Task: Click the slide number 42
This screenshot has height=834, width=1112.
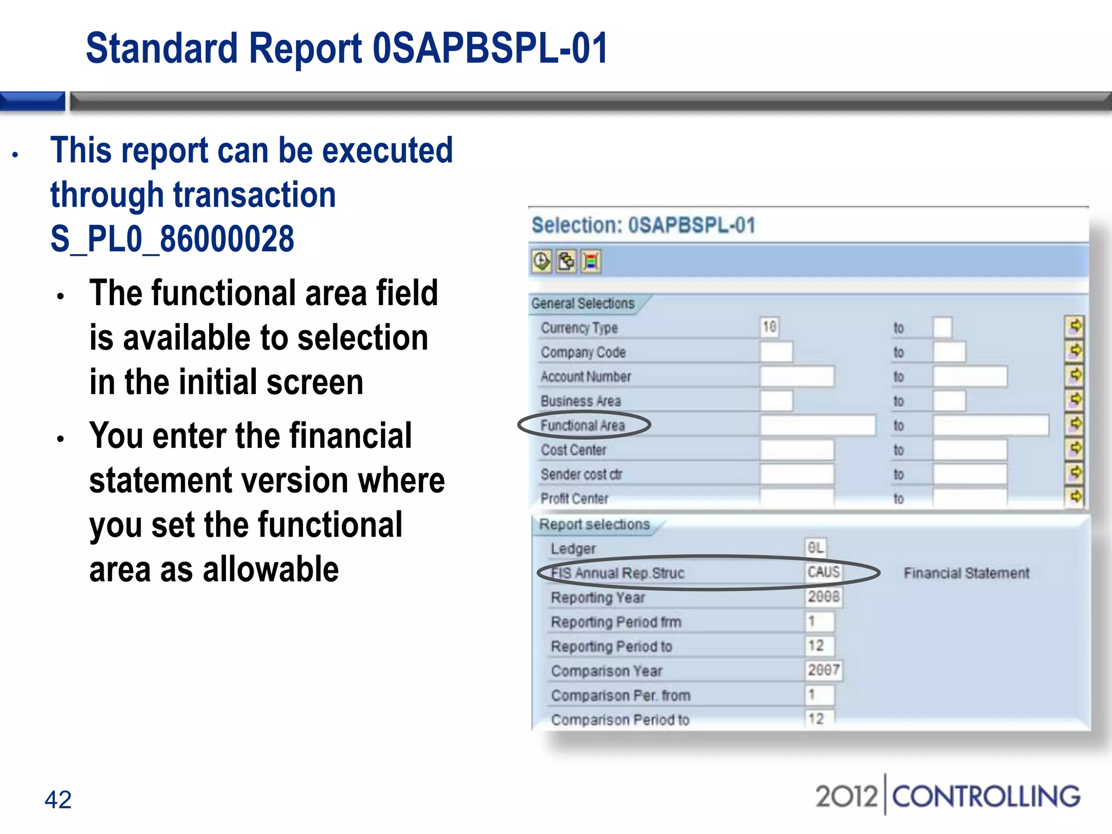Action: tap(58, 800)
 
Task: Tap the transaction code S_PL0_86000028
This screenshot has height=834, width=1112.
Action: tap(172, 239)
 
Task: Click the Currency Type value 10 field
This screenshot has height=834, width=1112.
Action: tap(769, 327)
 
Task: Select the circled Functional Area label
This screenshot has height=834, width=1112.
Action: tap(583, 426)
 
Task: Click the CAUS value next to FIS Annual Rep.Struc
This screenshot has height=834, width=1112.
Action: tap(823, 572)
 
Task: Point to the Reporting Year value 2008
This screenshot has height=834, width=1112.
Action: tap(823, 597)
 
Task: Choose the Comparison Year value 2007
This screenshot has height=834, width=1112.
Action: tap(823, 670)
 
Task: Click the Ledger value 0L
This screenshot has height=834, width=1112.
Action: tap(816, 548)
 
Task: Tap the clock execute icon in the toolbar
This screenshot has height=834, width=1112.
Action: tap(541, 262)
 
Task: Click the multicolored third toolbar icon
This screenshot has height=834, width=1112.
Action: tap(591, 262)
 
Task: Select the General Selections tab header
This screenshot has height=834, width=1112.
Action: tap(583, 304)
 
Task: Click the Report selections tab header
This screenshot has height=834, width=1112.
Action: tap(594, 525)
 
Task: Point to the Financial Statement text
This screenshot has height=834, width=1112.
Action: tap(966, 573)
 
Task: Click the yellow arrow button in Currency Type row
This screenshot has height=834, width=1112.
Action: tap(1075, 327)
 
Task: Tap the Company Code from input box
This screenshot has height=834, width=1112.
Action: tap(776, 352)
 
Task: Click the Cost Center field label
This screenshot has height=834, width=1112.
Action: tap(573, 450)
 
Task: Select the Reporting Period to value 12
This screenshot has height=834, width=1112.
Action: tap(818, 646)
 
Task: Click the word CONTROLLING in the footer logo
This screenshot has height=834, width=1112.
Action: tap(986, 797)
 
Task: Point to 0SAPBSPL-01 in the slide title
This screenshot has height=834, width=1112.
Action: tap(490, 49)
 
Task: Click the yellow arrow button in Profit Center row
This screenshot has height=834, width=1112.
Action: tap(1075, 497)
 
